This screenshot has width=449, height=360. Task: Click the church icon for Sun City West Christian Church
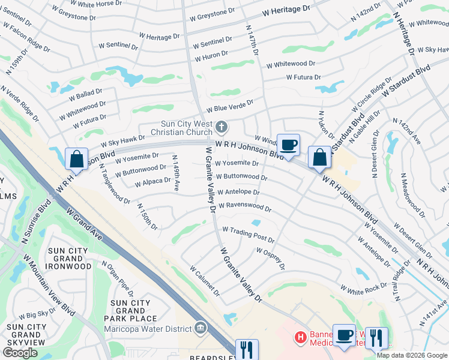point(222,127)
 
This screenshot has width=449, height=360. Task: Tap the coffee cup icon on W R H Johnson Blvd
point(288,145)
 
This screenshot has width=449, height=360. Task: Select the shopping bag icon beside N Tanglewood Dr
point(77,160)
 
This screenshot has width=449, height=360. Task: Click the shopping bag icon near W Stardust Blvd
point(320,158)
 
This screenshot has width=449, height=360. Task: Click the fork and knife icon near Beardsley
point(247,349)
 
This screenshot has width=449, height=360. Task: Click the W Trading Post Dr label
point(248,234)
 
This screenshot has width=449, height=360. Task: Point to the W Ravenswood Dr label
point(245,208)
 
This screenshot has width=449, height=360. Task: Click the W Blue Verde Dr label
point(230,106)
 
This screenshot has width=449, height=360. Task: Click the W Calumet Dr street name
point(205,281)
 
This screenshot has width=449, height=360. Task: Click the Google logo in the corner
point(20,352)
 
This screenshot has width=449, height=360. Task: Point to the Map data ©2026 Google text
point(411,355)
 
